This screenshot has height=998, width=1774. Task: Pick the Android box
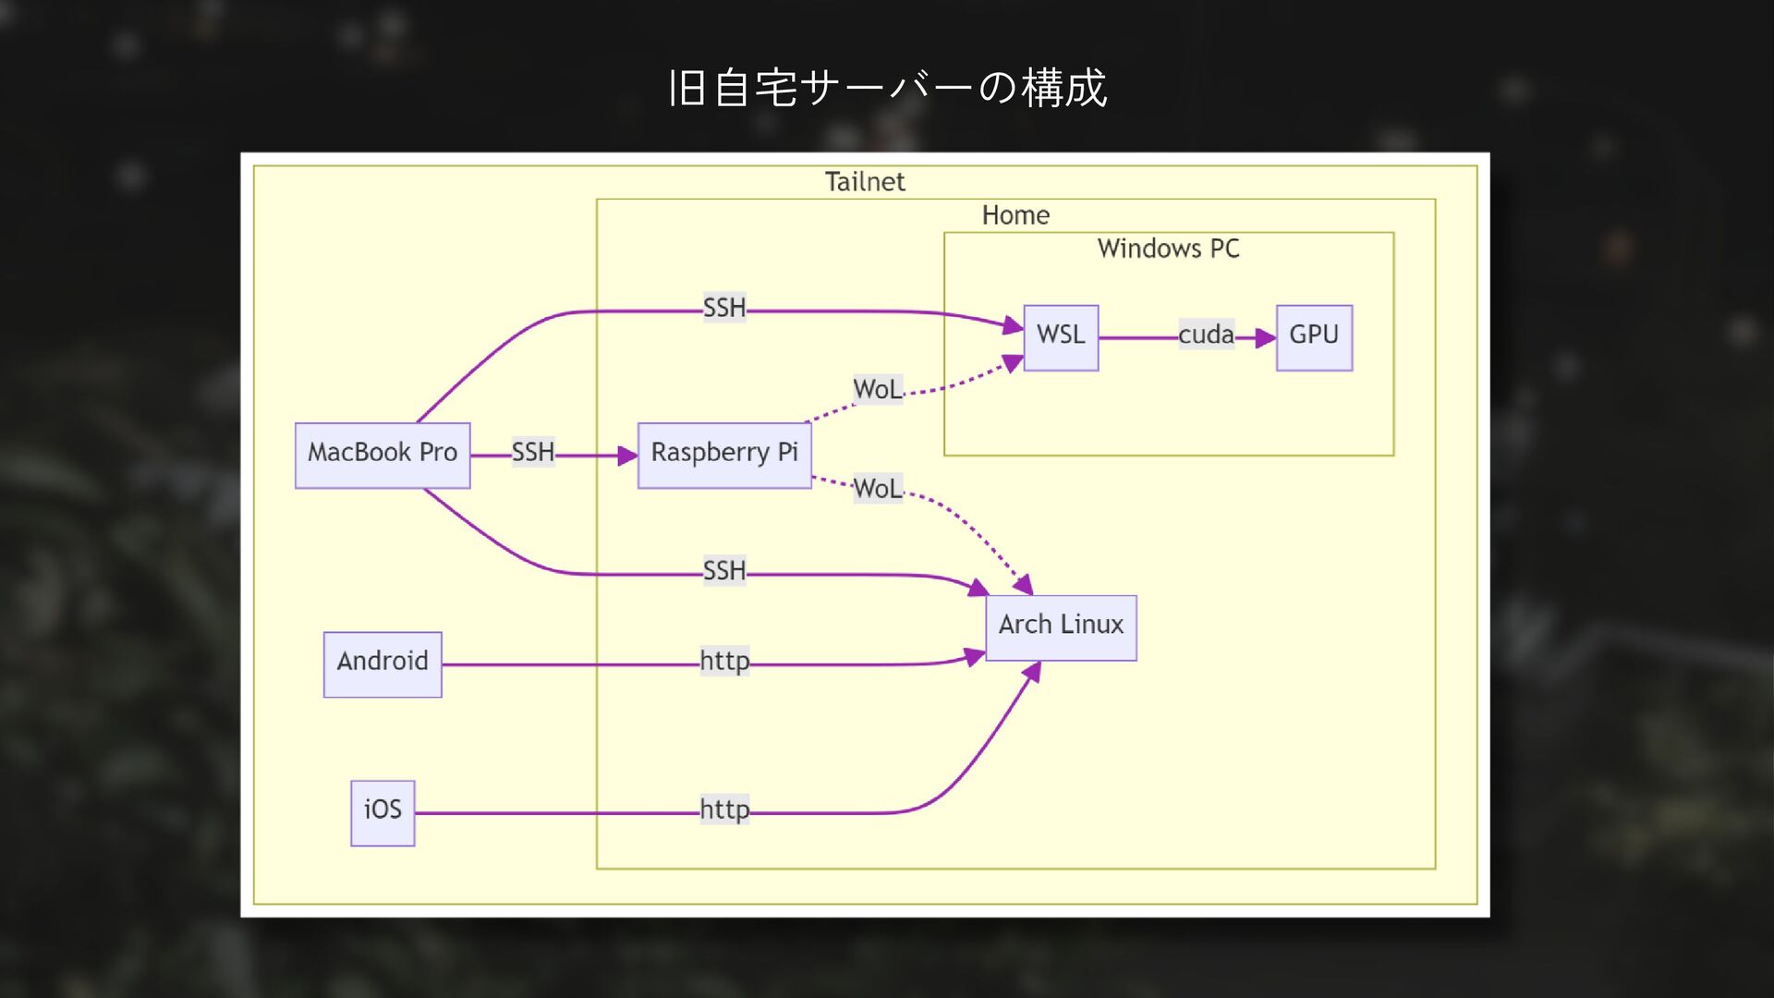pos(383,663)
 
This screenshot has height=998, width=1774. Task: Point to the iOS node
pos(383,812)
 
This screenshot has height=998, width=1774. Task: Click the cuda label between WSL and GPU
pos(1206,335)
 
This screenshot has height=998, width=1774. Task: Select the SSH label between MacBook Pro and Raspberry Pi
pos(533,452)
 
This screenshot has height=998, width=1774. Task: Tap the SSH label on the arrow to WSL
pos(724,308)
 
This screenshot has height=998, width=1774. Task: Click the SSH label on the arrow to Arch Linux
pos(724,571)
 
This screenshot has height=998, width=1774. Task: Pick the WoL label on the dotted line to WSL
pos(878,389)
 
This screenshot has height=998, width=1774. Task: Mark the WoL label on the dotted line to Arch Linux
pos(878,488)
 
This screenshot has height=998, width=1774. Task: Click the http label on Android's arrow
pos(724,661)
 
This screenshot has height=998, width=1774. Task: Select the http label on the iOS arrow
pos(724,809)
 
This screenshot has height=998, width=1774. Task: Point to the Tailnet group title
pos(865,182)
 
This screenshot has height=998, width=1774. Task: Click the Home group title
pos(1015,215)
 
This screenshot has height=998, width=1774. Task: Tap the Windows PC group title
pos(1168,249)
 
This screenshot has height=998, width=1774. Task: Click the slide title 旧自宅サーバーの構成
pos(887,89)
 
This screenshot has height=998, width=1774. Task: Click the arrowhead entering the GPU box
pos(1266,338)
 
